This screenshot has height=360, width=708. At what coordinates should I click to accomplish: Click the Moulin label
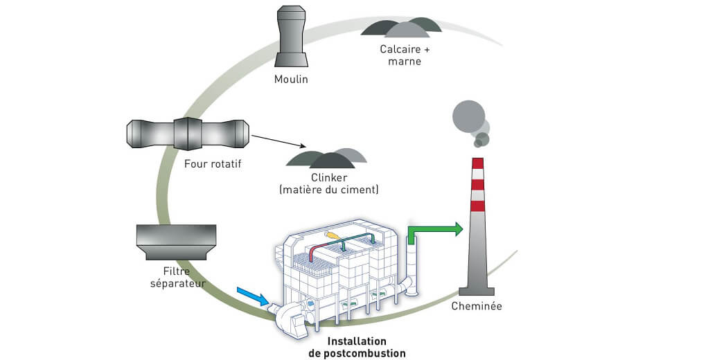pos(291,79)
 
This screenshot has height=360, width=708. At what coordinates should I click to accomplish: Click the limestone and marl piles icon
pos(401,28)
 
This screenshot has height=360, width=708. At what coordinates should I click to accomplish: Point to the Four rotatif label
pos(207,164)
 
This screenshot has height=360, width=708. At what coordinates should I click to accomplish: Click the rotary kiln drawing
pos(186,132)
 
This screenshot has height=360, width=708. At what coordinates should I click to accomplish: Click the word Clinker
pos(328,177)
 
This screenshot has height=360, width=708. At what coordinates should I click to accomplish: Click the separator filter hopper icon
pos(176,242)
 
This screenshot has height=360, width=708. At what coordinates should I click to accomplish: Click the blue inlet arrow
pos(252,296)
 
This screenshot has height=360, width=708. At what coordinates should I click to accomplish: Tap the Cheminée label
pos(476,305)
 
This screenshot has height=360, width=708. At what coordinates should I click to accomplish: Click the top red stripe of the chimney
pos(477,164)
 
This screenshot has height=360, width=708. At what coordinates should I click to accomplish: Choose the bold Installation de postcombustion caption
pos(357,347)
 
